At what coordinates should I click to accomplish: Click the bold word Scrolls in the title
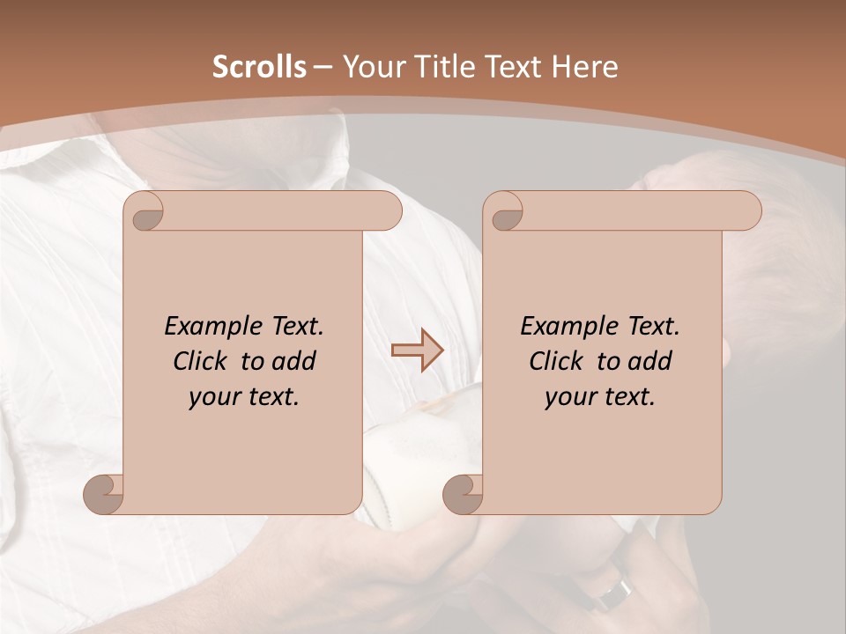(259, 67)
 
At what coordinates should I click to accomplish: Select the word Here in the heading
(585, 67)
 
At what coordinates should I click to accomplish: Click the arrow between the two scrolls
(417, 350)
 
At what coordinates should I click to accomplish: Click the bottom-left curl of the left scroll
(104, 494)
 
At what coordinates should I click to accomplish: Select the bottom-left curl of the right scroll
(463, 494)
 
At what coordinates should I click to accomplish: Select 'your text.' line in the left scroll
(244, 396)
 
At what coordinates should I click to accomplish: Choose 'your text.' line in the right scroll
(599, 396)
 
